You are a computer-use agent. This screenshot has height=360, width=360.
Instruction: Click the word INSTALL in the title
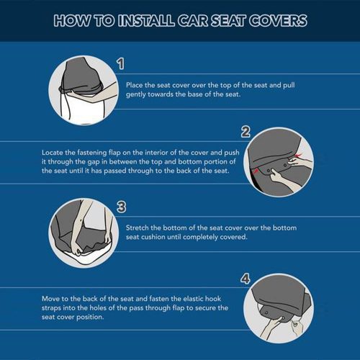click(146, 20)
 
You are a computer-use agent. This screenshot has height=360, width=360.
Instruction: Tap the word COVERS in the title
click(278, 20)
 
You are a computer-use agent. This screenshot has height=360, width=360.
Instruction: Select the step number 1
click(121, 64)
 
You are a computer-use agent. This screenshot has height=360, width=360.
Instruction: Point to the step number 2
click(246, 132)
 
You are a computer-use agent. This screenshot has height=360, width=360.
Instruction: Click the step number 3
click(121, 207)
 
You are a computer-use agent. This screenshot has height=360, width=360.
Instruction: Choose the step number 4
click(246, 279)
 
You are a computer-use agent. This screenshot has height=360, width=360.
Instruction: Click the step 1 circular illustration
click(84, 90)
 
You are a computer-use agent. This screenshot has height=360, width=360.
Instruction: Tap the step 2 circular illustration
click(279, 162)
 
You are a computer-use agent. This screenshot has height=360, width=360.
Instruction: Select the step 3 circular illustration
click(84, 233)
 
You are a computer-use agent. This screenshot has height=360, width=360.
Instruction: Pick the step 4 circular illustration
click(279, 308)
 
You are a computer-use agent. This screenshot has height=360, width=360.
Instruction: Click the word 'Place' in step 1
click(135, 85)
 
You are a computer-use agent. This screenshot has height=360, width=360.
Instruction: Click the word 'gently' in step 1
click(136, 94)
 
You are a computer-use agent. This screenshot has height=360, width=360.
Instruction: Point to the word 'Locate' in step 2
click(53, 153)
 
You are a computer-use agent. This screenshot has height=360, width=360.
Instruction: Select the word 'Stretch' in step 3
click(138, 228)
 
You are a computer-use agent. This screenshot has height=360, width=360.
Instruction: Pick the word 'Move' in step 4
click(50, 299)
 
